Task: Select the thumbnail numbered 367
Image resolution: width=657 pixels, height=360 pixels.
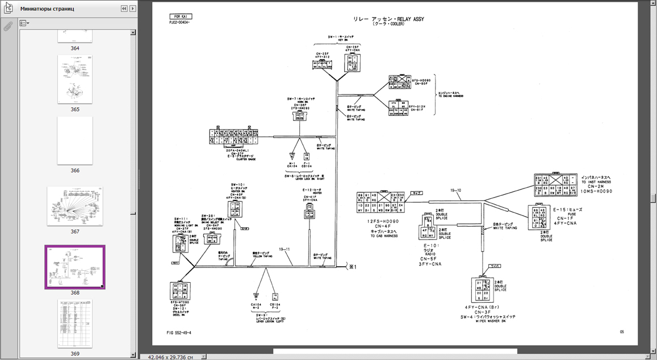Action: [x=75, y=206]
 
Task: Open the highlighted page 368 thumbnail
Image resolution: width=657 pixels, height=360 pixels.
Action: [x=75, y=267]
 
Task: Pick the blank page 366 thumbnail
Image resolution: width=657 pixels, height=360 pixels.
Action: [x=75, y=141]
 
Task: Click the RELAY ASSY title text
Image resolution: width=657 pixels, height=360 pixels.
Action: [x=388, y=19]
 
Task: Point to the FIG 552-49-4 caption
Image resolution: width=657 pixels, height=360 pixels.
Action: [x=179, y=333]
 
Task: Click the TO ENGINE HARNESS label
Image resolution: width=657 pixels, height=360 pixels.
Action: [x=450, y=96]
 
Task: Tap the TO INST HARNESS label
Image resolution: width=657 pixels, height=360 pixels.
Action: [x=596, y=182]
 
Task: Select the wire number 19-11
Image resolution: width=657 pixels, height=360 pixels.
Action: [x=284, y=249]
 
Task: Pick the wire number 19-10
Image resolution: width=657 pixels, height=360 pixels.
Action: [x=455, y=191]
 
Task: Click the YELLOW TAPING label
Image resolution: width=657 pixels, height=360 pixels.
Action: [x=262, y=256]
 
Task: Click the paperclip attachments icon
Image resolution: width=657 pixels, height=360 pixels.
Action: [x=8, y=26]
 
